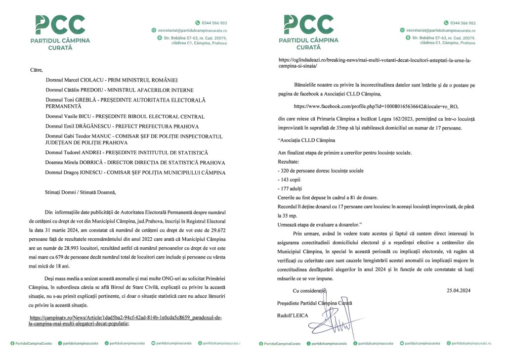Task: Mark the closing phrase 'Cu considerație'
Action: pos(311,290)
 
